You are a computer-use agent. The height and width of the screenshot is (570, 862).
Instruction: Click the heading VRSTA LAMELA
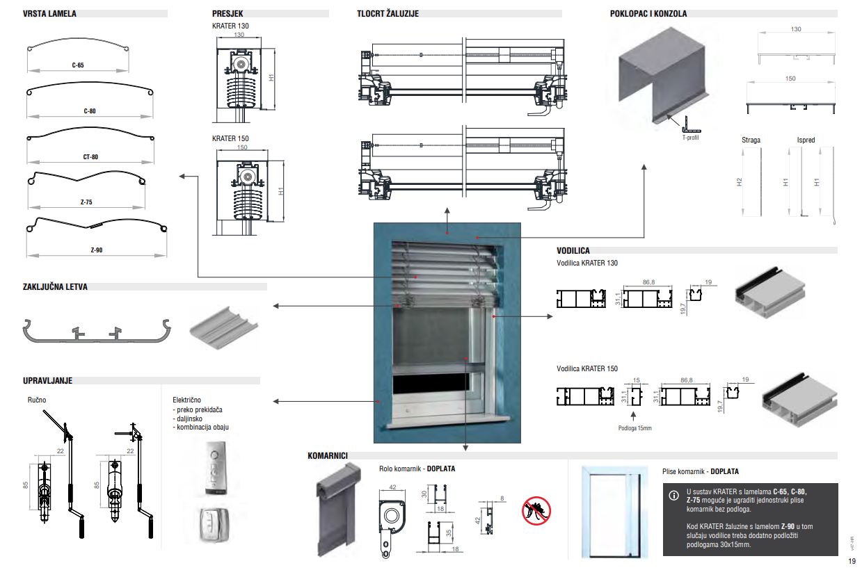pos(50,13)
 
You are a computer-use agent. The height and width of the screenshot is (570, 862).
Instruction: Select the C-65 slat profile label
pos(77,65)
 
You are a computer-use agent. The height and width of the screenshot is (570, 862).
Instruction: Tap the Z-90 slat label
pos(96,250)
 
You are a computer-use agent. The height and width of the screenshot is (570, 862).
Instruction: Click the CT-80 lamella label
pos(90,157)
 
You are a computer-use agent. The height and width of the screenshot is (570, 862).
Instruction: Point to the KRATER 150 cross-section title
pos(230,139)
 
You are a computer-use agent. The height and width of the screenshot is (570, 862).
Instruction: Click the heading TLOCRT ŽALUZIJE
pos(388,13)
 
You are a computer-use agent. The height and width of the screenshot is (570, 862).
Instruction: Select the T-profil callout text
pos(690,138)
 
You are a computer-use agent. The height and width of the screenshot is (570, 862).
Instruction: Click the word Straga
pos(751,140)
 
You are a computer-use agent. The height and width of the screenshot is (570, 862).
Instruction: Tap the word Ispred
pos(806,140)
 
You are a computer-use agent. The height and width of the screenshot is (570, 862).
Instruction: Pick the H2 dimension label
pos(740,182)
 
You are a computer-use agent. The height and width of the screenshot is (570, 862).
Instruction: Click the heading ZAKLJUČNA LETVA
pos(56,286)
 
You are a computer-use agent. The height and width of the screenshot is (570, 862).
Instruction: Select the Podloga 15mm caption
pos(634,428)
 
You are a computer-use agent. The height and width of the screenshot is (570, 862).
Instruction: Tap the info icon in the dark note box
pos(673,496)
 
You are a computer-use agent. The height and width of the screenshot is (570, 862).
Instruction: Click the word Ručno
pos(37,400)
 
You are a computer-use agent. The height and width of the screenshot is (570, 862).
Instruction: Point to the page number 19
pos(852,561)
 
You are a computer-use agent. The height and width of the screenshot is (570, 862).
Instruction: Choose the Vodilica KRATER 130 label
pos(586,263)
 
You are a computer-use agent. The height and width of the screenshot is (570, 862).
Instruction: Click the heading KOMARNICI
pos(328,456)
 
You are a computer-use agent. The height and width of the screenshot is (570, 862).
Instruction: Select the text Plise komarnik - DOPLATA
pos(701,471)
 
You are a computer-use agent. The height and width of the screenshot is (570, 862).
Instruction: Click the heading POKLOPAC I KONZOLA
pos(648,13)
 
